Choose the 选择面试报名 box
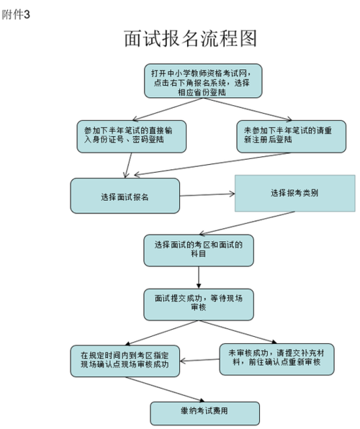124,195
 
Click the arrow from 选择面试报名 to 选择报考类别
206,194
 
